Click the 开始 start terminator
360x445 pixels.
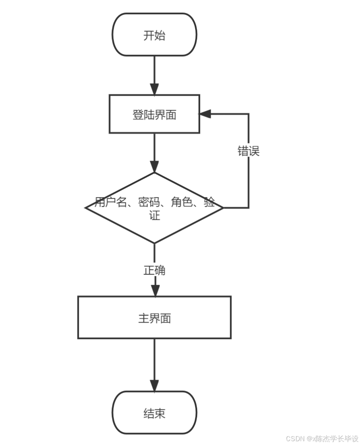[154, 35]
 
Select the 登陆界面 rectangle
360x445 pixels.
[154, 114]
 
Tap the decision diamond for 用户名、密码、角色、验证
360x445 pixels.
[154, 208]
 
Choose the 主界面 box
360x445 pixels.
[154, 318]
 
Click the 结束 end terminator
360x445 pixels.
[154, 413]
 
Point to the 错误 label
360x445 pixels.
[248, 151]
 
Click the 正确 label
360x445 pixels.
[154, 270]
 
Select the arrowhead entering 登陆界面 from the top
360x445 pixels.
[154, 89]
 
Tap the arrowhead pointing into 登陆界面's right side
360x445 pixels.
[205, 113]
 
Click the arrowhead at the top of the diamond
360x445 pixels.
[154, 167]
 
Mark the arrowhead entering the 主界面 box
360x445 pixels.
[155, 290]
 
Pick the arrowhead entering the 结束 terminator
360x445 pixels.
[154, 385]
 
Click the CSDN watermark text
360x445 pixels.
[322, 438]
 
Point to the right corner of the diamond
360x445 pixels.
[223, 208]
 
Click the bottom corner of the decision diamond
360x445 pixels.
[154, 243]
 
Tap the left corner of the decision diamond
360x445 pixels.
[86, 208]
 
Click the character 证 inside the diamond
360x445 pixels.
[154, 216]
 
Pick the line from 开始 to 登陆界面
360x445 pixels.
[154, 70]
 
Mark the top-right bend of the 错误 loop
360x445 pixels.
[248, 114]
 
